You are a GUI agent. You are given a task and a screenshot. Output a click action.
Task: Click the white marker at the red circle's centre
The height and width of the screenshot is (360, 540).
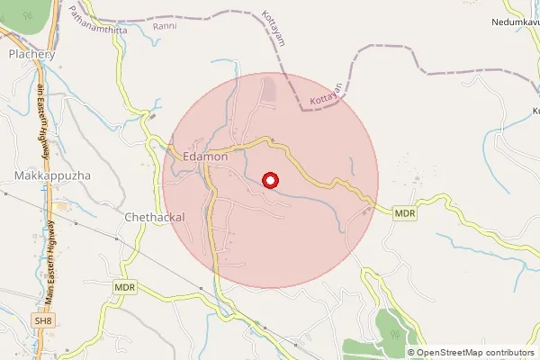pyautogui.click(x=269, y=180)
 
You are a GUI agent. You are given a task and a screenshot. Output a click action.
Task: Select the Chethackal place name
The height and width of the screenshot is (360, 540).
pyautogui.click(x=154, y=218)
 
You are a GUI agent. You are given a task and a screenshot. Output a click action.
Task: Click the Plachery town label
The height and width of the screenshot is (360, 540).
pyautogui.click(x=31, y=54)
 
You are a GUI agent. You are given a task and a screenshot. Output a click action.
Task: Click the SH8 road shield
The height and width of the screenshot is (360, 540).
pyautogui.click(x=43, y=319)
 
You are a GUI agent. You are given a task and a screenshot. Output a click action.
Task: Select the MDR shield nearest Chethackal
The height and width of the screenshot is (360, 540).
pyautogui.click(x=125, y=286)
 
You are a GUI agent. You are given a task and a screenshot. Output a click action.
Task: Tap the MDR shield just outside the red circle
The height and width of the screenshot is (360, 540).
pyautogui.click(x=404, y=213)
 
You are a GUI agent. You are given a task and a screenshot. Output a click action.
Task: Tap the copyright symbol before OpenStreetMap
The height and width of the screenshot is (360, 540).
pyautogui.click(x=411, y=353)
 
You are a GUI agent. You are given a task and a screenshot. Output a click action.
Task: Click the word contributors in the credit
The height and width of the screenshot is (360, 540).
pyautogui.click(x=509, y=353)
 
